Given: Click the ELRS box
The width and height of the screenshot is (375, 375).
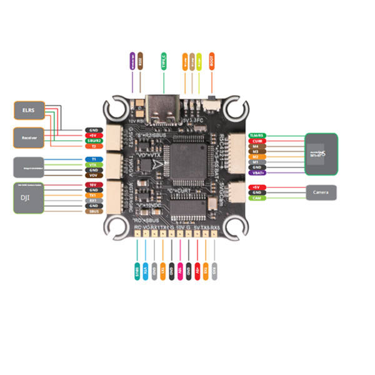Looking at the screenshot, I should coord(29,111).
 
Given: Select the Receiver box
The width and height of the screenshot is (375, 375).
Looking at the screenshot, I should coord(29,137).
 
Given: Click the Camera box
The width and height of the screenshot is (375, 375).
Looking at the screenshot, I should coord(321,192).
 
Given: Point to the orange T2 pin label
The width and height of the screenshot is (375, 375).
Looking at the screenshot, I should coord(92,146).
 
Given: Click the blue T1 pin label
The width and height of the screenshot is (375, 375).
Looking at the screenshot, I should coord(92,159).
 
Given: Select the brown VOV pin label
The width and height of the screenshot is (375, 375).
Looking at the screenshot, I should coord(92,176).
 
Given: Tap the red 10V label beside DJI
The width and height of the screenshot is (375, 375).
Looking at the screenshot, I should coord(92,185).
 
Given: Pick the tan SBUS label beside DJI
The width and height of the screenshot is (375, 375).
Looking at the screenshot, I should coord(92,211).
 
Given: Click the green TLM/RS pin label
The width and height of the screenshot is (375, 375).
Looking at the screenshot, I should coord(256,135).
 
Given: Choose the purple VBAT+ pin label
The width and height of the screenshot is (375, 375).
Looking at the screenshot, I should coord(256,172).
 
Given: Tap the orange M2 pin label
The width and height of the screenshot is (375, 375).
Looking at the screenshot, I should coord(256,157).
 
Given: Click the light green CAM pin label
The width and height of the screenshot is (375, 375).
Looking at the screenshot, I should coord(256,198).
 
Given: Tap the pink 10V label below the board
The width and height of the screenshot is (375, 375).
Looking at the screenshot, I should coord(181,269).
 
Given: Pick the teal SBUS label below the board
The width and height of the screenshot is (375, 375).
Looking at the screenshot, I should coord(137,269).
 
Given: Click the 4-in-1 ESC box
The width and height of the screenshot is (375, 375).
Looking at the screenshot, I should coord(321,150).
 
